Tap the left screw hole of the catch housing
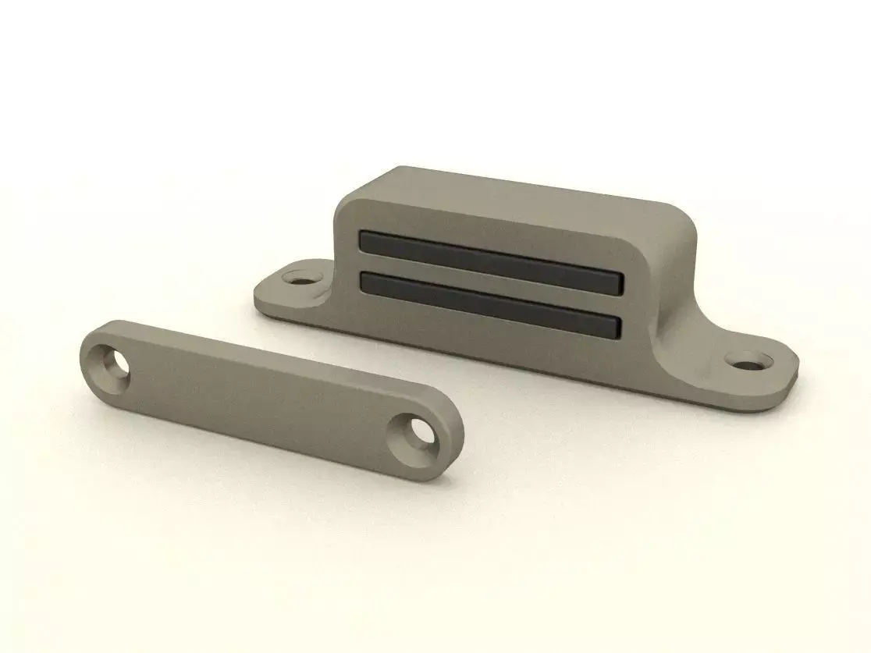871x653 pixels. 299,277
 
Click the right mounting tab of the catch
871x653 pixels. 749,371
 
